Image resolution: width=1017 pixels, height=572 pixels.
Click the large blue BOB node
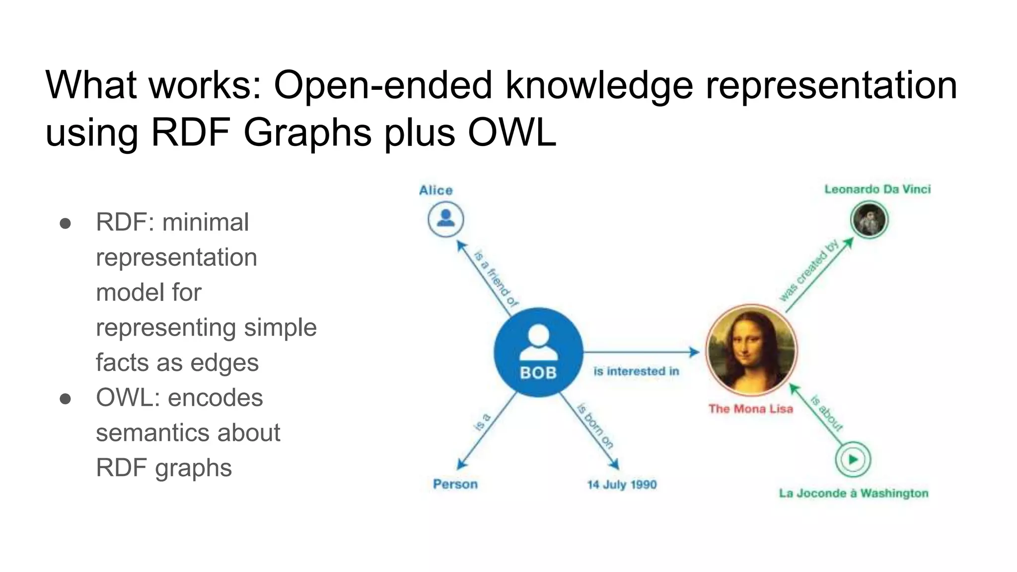point(538,352)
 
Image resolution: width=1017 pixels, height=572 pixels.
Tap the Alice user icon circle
point(446,219)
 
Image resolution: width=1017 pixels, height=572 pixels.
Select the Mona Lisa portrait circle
point(751,350)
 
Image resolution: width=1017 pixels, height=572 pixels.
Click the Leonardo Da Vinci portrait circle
point(869,220)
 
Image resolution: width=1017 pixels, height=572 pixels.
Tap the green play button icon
point(853,459)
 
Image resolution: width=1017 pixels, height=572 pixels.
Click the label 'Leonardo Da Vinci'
point(877,189)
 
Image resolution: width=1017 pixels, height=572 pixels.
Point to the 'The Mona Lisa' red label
point(751,409)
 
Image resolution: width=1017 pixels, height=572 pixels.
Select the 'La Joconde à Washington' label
point(853,493)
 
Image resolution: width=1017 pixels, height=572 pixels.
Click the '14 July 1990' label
point(622,485)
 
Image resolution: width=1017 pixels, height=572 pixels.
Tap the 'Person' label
point(455,484)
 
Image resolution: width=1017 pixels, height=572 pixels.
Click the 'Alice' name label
point(436,190)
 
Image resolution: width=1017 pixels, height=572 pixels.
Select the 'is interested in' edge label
point(636,371)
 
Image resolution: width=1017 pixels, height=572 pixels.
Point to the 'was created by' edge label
point(808,271)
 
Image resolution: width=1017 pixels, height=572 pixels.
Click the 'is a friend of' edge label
point(496,279)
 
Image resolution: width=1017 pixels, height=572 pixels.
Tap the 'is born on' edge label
point(595,427)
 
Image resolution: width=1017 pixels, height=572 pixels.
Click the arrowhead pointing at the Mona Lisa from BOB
point(694,353)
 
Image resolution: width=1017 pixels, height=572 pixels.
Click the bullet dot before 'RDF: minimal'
point(65,223)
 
